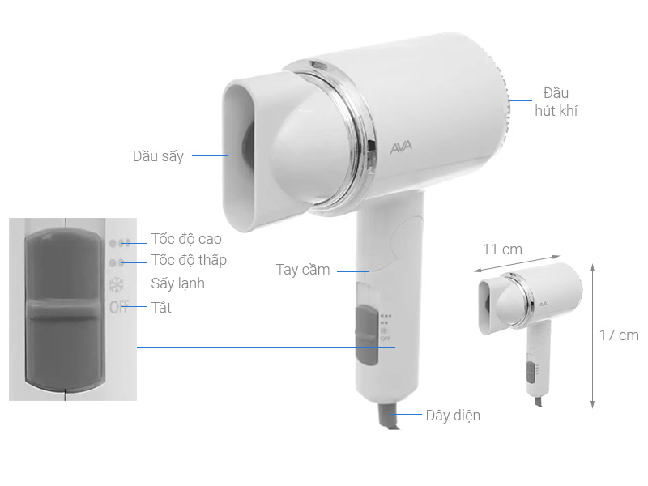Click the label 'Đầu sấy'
(x=158, y=156)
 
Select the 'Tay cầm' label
(x=303, y=270)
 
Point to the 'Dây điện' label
(x=453, y=416)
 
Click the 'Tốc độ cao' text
(x=186, y=239)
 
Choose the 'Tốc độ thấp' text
(x=189, y=260)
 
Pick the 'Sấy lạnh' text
(x=177, y=283)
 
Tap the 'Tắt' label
(x=161, y=308)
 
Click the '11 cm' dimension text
(x=502, y=249)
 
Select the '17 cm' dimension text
(x=619, y=335)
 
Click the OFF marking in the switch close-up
(x=118, y=308)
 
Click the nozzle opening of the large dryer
(x=243, y=154)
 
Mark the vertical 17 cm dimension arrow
(x=594, y=335)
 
